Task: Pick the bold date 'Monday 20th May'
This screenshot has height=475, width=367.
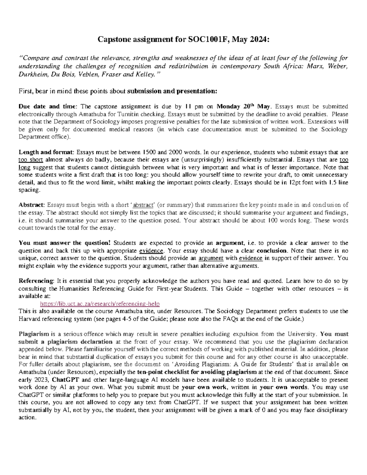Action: tap(243, 107)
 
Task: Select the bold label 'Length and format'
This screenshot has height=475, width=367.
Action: tap(46, 152)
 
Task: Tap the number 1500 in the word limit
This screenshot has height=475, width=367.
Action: tap(150, 152)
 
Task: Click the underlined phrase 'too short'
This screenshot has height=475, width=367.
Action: tap(31, 160)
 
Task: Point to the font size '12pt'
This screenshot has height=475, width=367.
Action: tap(294, 182)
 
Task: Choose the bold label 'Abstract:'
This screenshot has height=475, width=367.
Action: tap(32, 205)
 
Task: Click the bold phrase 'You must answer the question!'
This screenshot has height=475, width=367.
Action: tap(65, 243)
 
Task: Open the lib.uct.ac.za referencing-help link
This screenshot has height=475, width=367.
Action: tap(100, 304)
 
